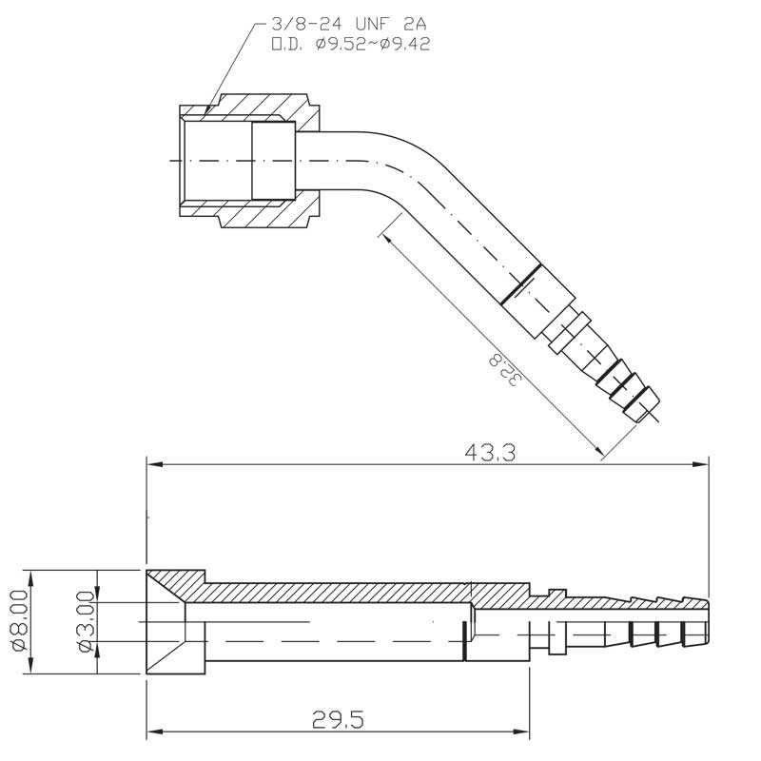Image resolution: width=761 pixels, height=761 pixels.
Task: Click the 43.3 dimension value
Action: point(490,453)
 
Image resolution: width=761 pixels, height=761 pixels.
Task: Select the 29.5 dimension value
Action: point(339,720)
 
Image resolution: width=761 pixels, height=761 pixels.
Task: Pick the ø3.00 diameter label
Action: point(87,621)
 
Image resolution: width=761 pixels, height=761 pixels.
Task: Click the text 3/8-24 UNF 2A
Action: point(349,25)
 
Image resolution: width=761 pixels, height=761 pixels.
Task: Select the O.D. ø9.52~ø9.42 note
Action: point(350,45)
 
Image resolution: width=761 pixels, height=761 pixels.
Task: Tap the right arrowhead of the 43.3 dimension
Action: point(700,464)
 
